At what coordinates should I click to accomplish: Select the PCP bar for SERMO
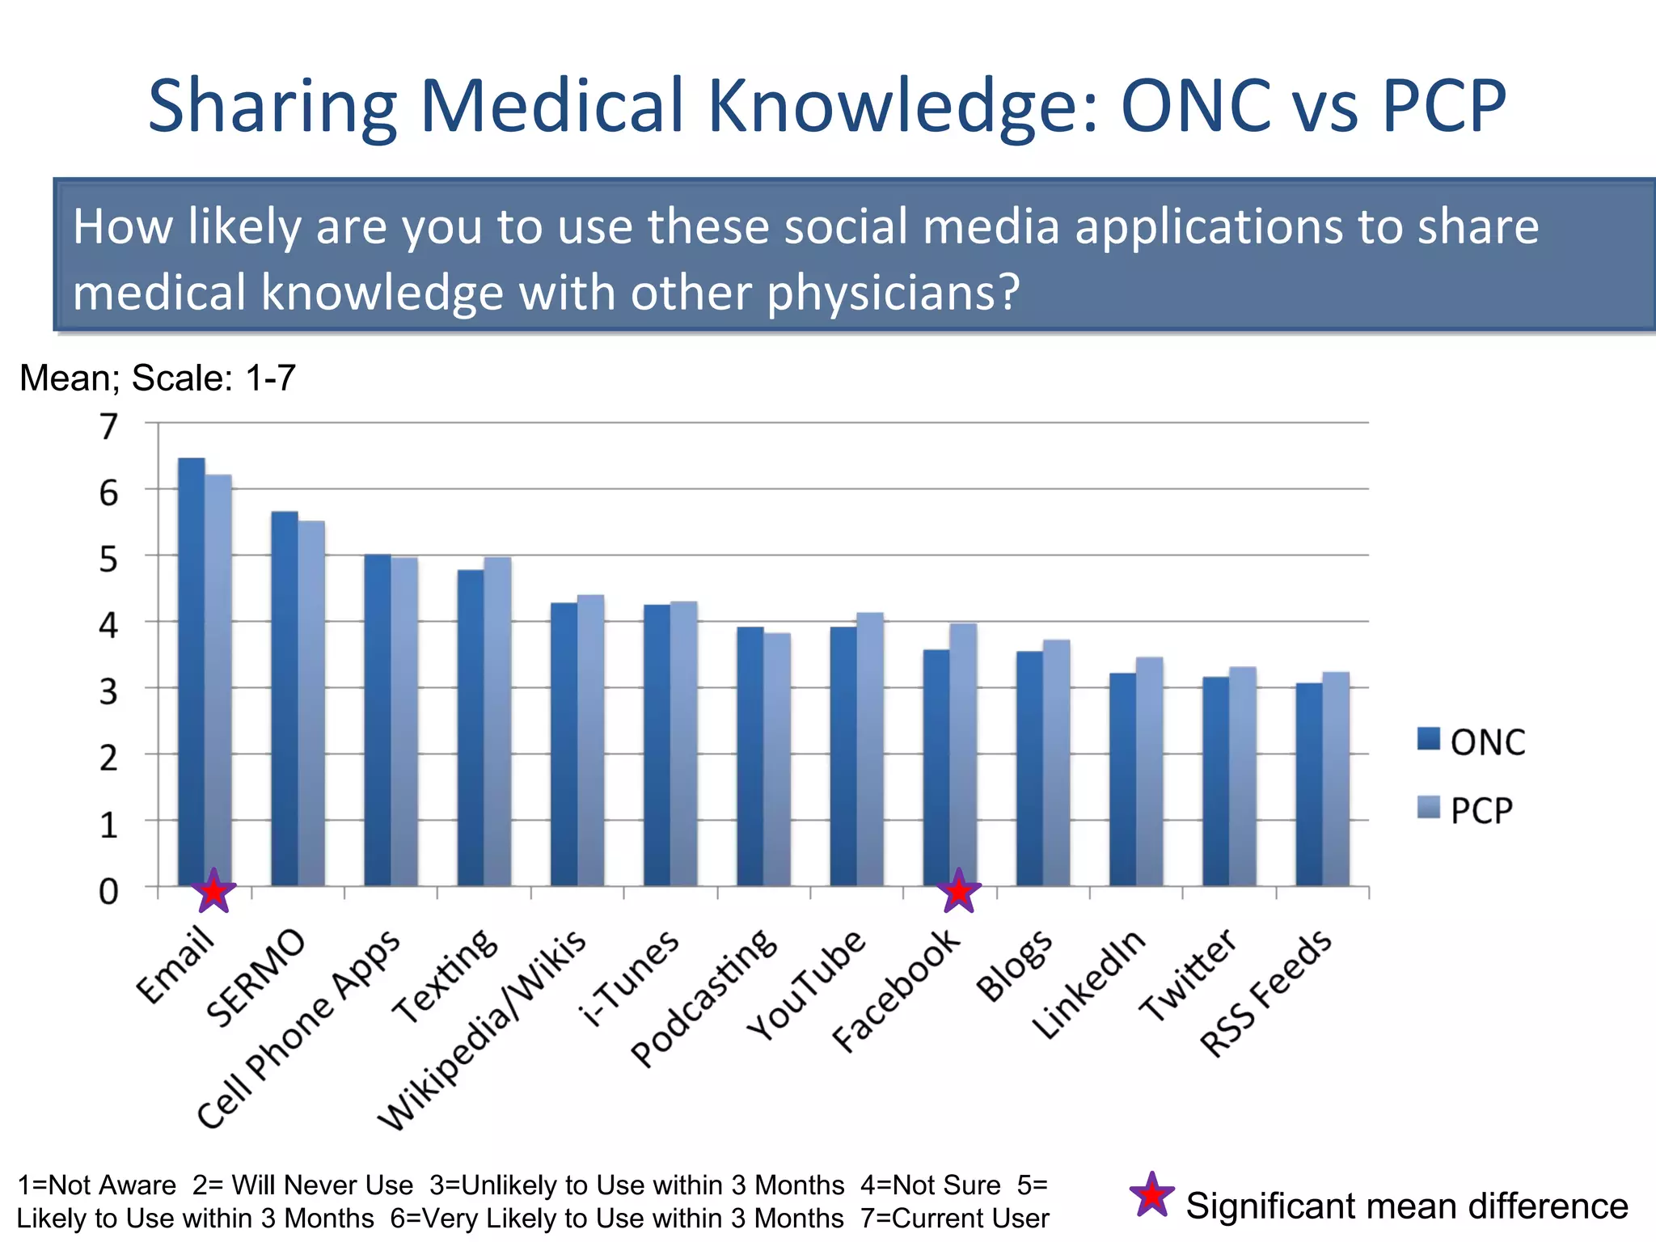point(311,703)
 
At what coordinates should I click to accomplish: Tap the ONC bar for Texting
point(471,728)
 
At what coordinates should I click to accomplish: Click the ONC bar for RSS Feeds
point(1309,784)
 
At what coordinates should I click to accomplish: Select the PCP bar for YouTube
point(870,749)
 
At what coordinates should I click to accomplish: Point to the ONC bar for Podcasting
point(750,756)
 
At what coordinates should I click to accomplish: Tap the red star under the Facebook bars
point(959,892)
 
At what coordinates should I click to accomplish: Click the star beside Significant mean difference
point(1151,1195)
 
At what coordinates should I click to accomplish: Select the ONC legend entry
point(1472,741)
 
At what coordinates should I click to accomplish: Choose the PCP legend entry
point(1465,809)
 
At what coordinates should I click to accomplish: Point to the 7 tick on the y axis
point(108,426)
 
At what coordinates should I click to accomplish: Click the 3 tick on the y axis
point(108,691)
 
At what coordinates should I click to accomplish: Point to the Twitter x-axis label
point(1187,974)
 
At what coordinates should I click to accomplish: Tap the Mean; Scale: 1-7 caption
point(158,378)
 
